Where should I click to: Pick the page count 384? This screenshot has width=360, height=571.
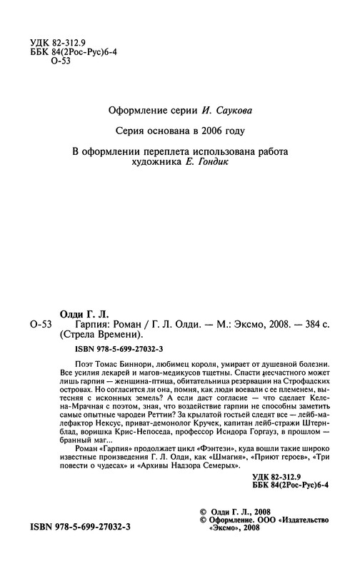[309, 324]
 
